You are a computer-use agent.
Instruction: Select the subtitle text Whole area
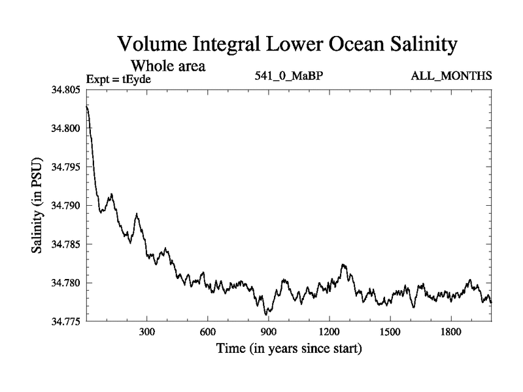(168, 65)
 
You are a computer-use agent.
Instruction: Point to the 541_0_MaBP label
(289, 77)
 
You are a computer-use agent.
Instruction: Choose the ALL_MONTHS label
(451, 77)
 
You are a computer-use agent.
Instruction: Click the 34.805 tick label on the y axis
(65, 90)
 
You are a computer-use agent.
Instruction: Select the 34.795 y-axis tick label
(65, 167)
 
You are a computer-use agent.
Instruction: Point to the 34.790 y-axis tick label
(65, 206)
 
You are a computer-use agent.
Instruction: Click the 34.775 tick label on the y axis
(65, 321)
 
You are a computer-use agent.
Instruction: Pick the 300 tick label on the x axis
(147, 332)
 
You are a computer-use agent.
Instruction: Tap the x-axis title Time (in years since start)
(289, 349)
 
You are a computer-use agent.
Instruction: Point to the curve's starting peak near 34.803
(87, 106)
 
